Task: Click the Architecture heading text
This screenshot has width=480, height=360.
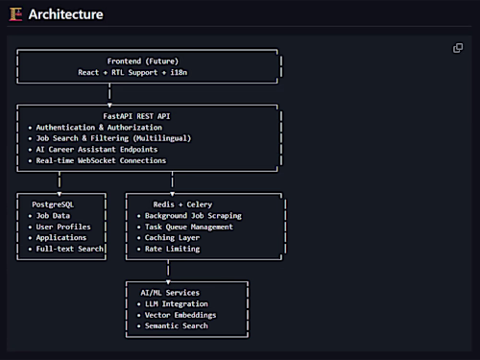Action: pyautogui.click(x=65, y=14)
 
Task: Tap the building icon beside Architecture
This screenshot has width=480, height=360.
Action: pyautogui.click(x=14, y=14)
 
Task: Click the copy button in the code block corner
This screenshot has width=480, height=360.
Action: pyautogui.click(x=458, y=48)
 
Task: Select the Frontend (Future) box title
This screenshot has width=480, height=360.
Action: pyautogui.click(x=149, y=60)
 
